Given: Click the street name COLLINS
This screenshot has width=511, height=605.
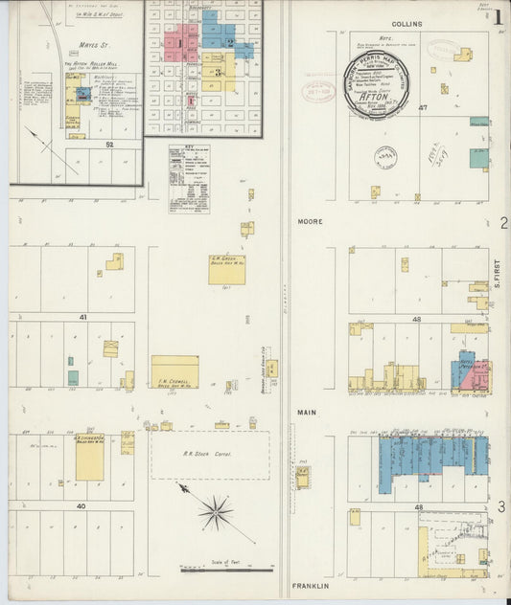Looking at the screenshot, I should point(406,24).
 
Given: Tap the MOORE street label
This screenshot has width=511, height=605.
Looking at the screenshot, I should point(310,222).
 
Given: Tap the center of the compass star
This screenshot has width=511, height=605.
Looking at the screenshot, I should point(216,511).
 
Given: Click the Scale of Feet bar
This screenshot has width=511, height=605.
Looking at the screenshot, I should point(216,569).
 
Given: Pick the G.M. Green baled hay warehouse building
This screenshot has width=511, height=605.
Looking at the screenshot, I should point(227,269).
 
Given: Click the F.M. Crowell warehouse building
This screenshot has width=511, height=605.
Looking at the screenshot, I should point(175,372).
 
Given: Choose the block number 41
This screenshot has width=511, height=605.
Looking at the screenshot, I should point(83,316).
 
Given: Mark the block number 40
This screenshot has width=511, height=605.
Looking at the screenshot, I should point(81,505).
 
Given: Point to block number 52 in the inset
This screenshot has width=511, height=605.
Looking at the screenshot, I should point(109,144).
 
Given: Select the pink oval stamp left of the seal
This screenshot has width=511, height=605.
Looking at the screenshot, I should point(319,92).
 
